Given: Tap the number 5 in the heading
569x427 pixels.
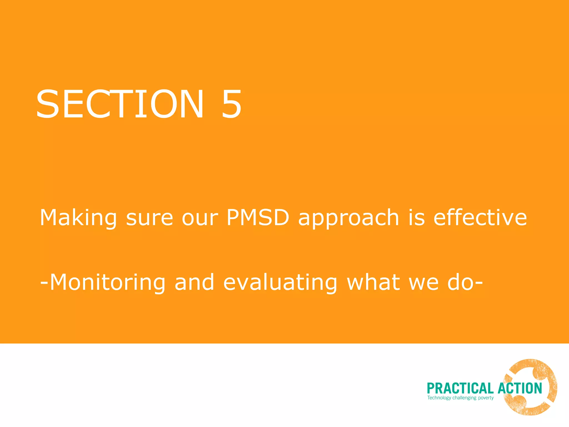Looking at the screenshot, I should tap(231, 104).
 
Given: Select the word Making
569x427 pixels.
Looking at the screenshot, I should tap(78, 218).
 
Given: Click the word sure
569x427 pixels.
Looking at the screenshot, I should tap(149, 218).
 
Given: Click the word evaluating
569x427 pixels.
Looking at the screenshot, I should tap(280, 282).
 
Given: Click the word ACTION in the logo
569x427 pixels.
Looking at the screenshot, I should tap(520, 388).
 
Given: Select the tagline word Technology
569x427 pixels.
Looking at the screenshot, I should tap(439, 398).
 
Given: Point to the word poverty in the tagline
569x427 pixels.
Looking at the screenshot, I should tap(486, 398).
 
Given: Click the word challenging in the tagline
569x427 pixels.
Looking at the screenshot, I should tap(464, 398).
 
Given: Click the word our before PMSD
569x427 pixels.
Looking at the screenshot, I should tap(200, 218).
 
